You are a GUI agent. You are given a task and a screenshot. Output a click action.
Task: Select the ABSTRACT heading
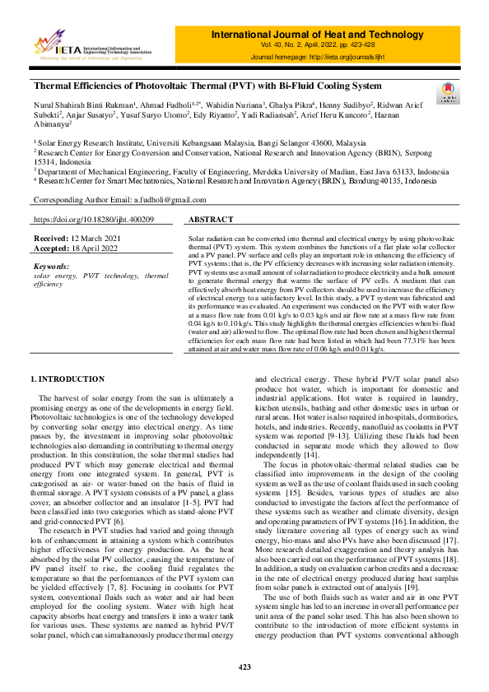click(211, 221)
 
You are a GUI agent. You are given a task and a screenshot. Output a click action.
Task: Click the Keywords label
click(53, 267)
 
